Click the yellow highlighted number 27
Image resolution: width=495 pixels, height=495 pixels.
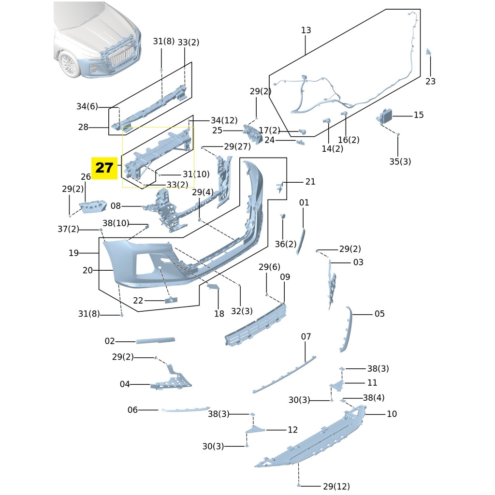coord(104,168)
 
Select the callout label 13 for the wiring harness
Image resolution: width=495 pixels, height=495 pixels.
coord(306,30)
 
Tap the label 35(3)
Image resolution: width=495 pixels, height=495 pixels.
coord(400,161)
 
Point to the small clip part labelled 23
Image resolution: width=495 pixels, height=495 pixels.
coord(428,52)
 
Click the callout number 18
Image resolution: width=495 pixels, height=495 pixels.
coord(219,314)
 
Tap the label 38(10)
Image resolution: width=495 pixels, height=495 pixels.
coord(116,223)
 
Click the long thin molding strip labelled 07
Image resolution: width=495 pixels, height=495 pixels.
coord(285,375)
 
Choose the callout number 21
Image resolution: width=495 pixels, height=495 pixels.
coord(310,182)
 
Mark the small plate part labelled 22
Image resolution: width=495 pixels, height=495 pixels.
coord(171,301)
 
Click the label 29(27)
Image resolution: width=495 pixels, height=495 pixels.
coord(237,146)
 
